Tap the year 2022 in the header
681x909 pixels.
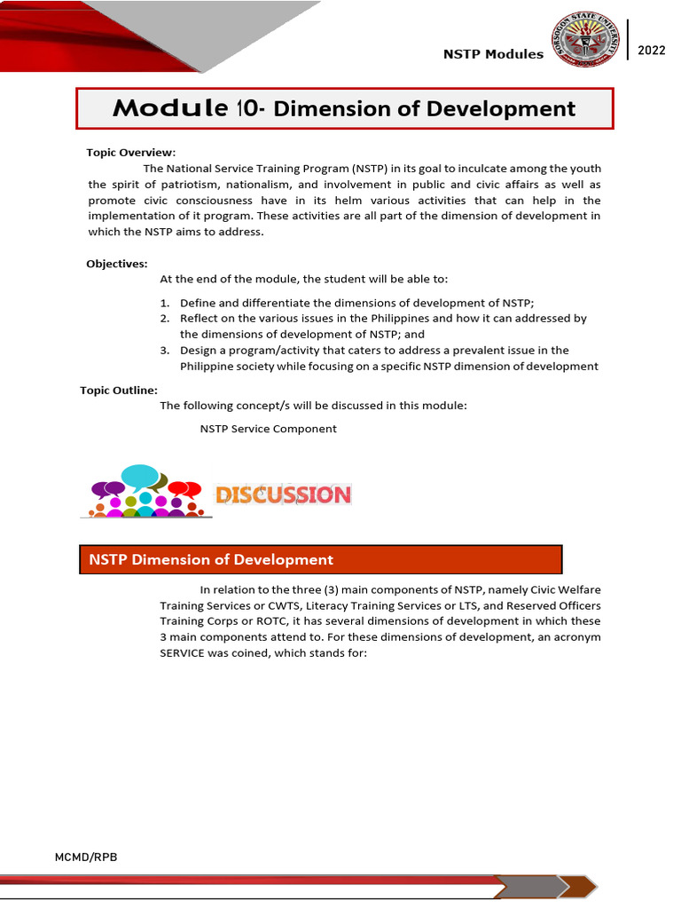(651, 51)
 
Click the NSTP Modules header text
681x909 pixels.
(493, 54)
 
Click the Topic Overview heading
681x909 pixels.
(130, 152)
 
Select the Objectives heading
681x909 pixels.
(117, 264)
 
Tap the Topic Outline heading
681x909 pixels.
(119, 390)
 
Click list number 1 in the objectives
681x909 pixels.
(165, 303)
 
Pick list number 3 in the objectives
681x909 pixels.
(165, 351)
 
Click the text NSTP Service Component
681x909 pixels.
(268, 429)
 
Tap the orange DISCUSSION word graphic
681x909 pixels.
(283, 494)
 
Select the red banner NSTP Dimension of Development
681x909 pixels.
(321, 559)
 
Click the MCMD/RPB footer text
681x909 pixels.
(86, 857)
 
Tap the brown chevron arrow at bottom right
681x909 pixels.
(581, 886)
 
